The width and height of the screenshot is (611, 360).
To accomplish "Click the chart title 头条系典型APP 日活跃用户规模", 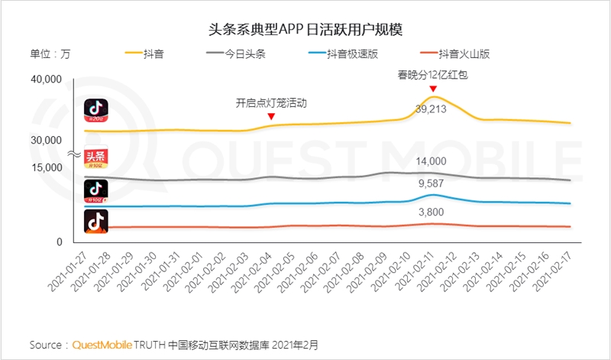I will coord(305,30).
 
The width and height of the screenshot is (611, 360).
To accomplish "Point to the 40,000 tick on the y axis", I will coord(45,79).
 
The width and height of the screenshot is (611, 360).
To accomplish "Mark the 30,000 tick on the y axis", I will coord(45,141).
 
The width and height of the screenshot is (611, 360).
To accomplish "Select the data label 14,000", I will coord(432,161).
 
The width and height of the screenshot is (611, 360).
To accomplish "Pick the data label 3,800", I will coord(432,212).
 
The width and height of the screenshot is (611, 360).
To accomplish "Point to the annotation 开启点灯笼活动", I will coord(271,102).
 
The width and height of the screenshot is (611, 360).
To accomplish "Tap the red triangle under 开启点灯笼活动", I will coord(271,116).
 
